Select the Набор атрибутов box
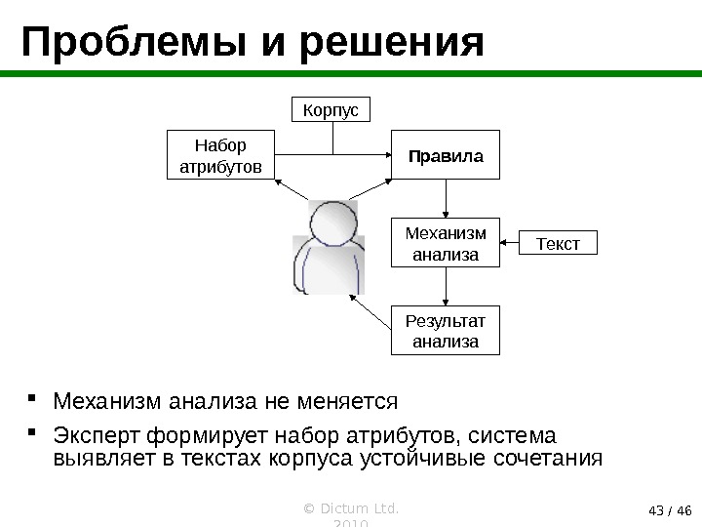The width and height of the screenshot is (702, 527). pos(221,156)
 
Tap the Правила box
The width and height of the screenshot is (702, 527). pos(446,155)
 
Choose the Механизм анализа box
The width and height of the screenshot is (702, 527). pos(446,243)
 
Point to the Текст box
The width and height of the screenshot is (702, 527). pos(559,241)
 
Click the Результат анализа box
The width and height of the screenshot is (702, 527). pos(446,331)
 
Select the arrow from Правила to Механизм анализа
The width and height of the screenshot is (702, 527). pos(446,199)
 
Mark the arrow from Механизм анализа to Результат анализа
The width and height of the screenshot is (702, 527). pos(446,287)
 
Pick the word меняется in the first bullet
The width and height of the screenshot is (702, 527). pos(350,402)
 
